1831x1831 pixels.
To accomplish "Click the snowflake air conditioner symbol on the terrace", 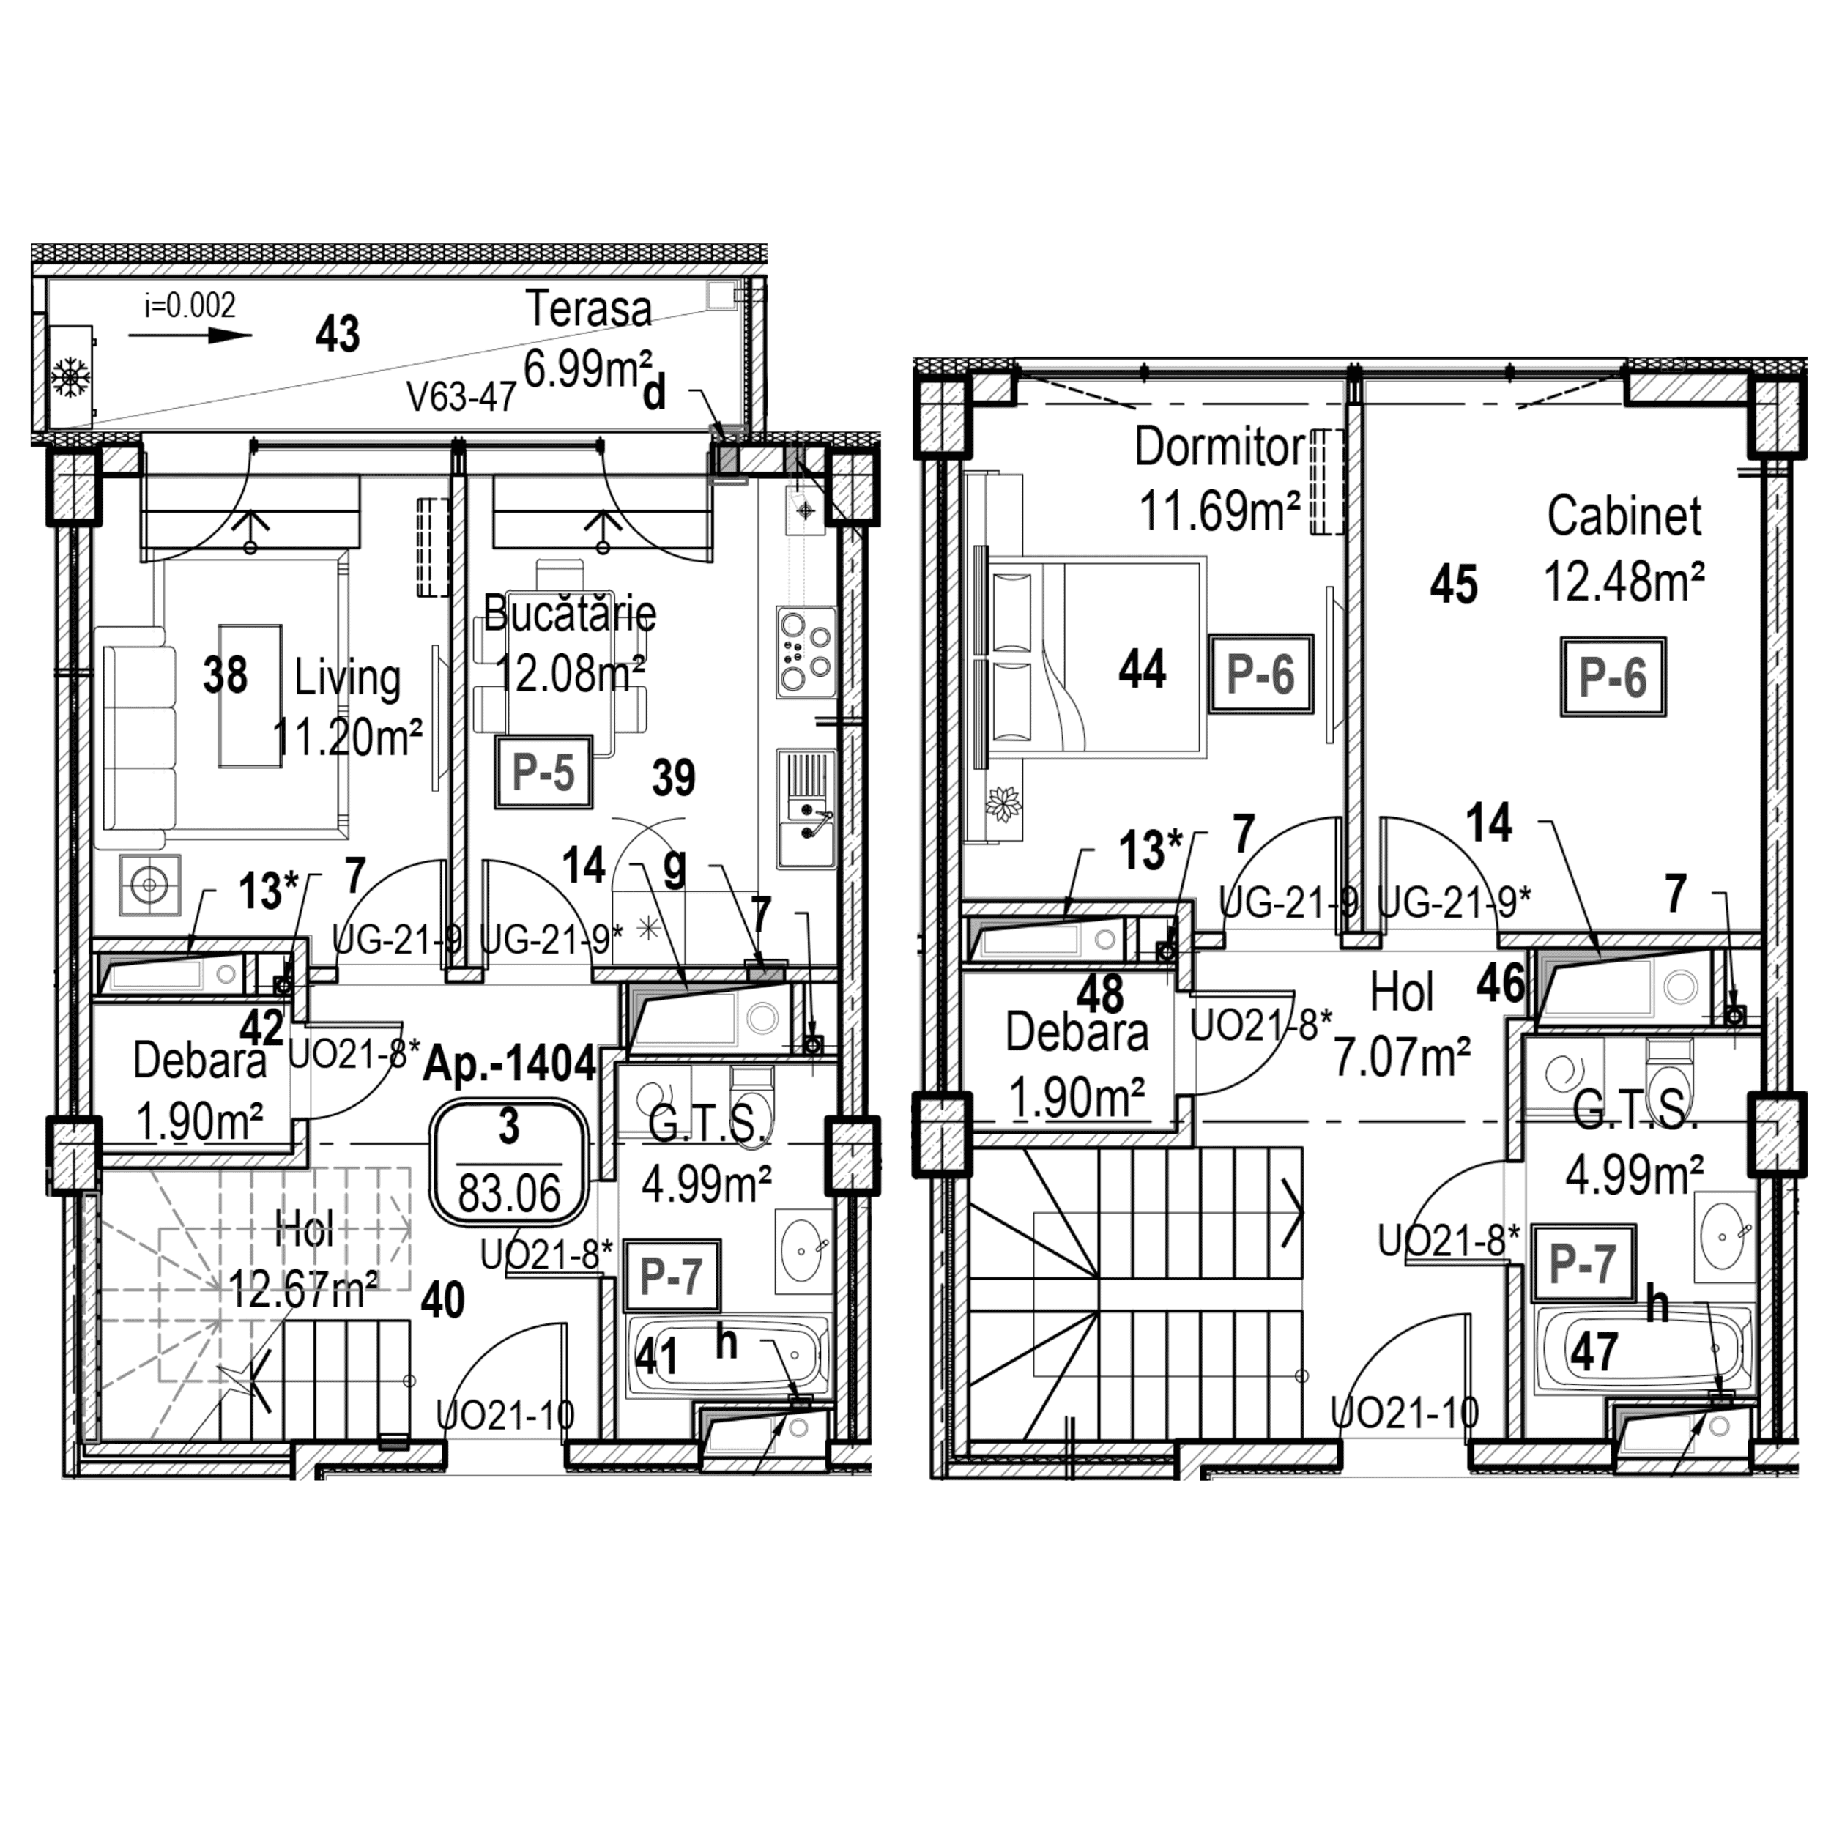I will [71, 377].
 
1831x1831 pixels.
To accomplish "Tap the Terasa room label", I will [589, 310].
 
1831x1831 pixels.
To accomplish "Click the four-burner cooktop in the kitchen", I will [806, 651].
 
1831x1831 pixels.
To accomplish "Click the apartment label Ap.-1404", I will [509, 1064].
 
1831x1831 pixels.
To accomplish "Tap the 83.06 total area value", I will [509, 1192].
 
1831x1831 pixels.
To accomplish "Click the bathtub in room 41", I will [728, 1355].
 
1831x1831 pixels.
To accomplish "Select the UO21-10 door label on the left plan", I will [505, 1416].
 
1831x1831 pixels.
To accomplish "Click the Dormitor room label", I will [1219, 447].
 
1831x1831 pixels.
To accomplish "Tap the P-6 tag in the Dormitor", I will [1260, 675].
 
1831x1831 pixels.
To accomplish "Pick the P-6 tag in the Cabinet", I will [1613, 677].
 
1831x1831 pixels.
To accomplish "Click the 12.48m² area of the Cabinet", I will [1624, 580].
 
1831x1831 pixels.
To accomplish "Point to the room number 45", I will [1454, 584].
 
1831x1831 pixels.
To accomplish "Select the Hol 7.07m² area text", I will [1402, 1057].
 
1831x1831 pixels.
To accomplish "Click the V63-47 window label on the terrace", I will [461, 396].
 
